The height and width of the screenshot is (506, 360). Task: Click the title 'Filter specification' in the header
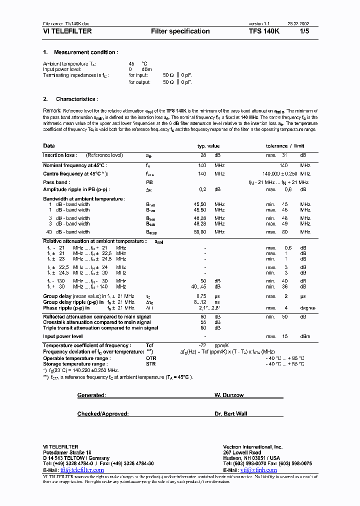180,31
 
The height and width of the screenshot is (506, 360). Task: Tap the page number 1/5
304,31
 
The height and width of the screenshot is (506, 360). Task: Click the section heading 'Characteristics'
77,99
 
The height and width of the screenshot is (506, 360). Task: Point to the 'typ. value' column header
208,146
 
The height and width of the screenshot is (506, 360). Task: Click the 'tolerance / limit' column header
284,146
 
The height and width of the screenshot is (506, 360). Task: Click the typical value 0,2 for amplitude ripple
202,189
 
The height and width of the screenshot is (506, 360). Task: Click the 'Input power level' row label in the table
63,337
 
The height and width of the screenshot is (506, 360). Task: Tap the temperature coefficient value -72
203,346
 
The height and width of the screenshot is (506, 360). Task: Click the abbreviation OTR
150,358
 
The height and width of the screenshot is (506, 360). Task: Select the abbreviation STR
150,364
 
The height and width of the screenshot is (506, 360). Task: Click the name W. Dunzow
229,395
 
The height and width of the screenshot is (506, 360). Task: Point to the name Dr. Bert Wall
231,414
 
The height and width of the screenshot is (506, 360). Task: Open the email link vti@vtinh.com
258,470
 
